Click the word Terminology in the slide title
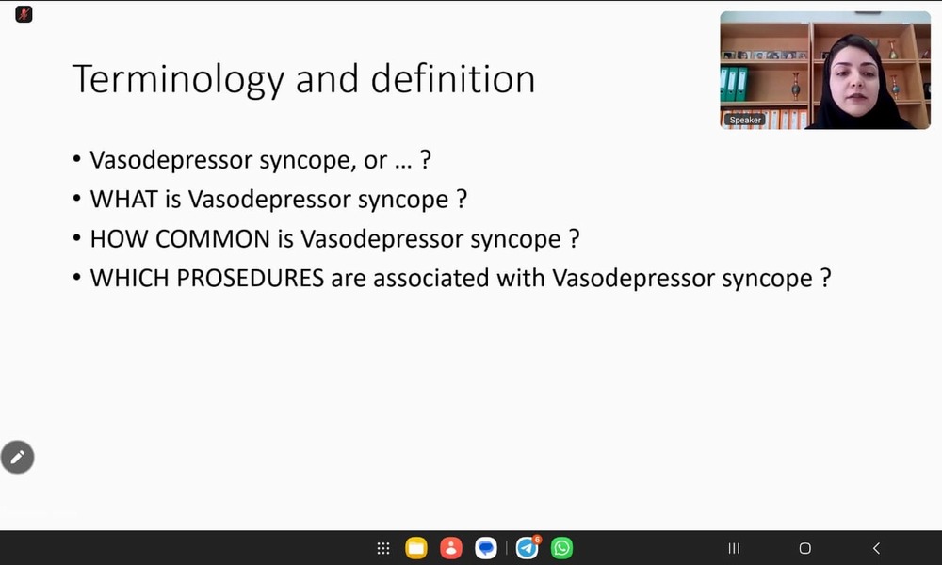(x=178, y=80)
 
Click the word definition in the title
(x=453, y=79)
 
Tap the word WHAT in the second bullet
(x=123, y=200)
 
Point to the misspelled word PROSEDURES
(x=250, y=279)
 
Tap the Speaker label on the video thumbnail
(x=745, y=121)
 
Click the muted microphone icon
(x=24, y=14)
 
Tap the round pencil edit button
(x=17, y=458)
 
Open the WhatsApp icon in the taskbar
(x=561, y=548)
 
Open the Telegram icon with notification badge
(x=528, y=548)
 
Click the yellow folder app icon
(x=415, y=548)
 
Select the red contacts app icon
(x=450, y=548)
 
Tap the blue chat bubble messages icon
(x=485, y=548)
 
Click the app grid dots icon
(x=383, y=548)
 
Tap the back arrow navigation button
(x=876, y=548)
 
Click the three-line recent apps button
(x=734, y=548)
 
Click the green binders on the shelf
(x=734, y=84)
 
